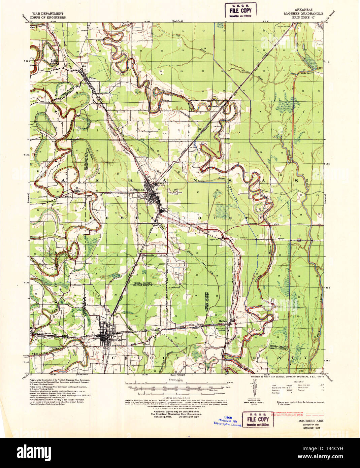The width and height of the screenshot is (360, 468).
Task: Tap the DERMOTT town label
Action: coord(118,340)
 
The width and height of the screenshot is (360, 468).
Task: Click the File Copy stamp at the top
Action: coord(240,10)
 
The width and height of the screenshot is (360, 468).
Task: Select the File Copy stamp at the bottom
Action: coord(258,420)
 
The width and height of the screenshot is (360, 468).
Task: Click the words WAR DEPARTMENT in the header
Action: coord(47,14)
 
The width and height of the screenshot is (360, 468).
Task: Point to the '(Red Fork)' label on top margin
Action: coord(178,22)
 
